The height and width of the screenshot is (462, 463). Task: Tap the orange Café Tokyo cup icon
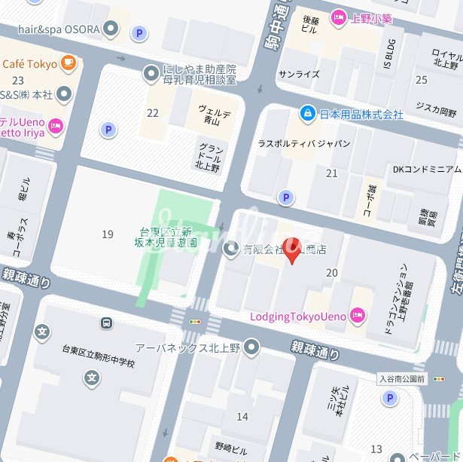pos(69,63)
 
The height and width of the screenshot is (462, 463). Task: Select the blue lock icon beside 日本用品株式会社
pos(307,114)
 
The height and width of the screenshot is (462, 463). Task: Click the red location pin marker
pos(294,251)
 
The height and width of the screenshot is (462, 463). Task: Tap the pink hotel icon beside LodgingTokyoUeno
pos(357,316)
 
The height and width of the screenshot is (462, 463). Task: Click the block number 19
pos(108,234)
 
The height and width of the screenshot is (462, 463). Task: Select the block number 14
pos(242,416)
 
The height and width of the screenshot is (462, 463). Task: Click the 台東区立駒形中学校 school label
pos(98,363)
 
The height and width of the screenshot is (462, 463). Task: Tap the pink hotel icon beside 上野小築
pos(338,18)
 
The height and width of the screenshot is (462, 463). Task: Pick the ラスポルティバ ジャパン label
pos(304,143)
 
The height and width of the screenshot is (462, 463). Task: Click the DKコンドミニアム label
pos(426,169)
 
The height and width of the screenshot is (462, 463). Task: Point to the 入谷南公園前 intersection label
pos(402,378)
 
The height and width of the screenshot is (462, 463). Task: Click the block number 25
pos(422,79)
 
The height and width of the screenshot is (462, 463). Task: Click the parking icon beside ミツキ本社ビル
pos(389,398)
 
